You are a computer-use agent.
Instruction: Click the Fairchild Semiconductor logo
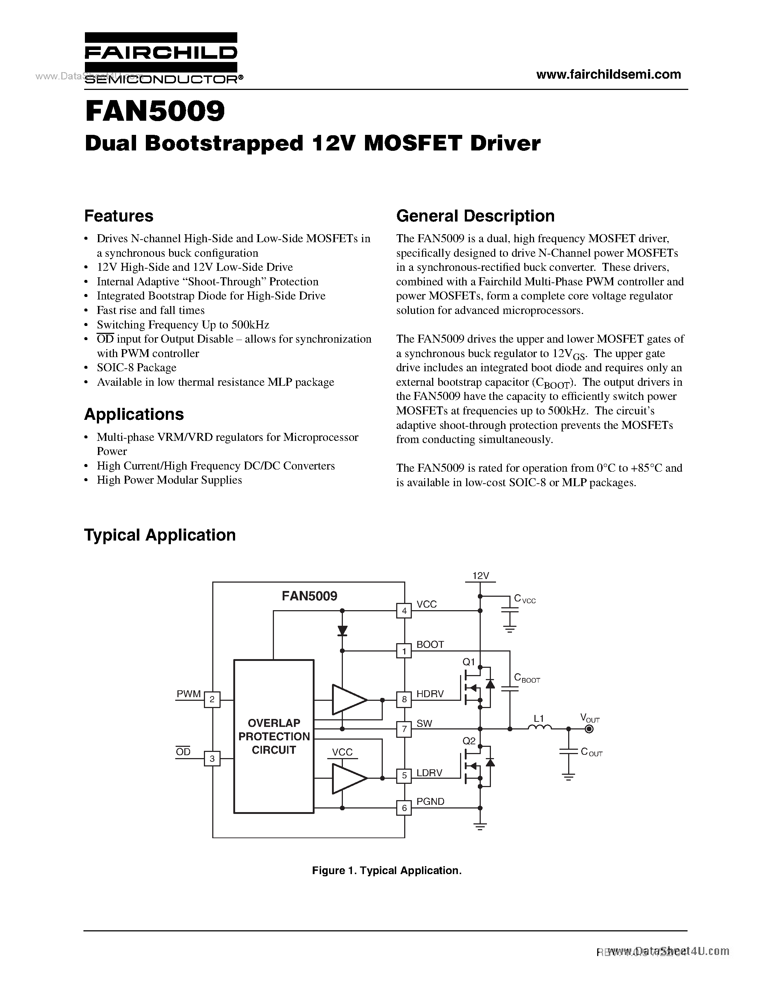coord(161,58)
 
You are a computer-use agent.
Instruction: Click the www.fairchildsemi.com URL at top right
coord(608,74)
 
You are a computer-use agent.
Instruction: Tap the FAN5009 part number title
coord(155,112)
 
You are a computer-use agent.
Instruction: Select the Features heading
coord(119,216)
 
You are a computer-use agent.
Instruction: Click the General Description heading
coord(475,216)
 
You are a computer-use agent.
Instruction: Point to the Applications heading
coord(134,414)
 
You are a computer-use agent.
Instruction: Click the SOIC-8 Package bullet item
coord(136,368)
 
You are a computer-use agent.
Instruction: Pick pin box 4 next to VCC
coord(404,610)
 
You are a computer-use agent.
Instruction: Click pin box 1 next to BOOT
coord(404,650)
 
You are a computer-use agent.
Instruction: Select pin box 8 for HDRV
coord(404,699)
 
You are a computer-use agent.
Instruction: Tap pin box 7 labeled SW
coord(404,729)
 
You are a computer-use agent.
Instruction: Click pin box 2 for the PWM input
coord(212,699)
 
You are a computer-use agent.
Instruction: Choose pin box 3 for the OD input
coord(212,759)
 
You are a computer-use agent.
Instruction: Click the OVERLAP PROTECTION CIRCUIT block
coord(274,736)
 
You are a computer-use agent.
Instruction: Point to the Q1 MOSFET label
coord(469,662)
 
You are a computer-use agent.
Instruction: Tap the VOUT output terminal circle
coord(589,729)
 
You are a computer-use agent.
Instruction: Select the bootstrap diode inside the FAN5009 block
coord(342,631)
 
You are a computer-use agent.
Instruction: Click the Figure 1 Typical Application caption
coord(387,870)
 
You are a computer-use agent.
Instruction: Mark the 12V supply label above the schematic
coord(480,576)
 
